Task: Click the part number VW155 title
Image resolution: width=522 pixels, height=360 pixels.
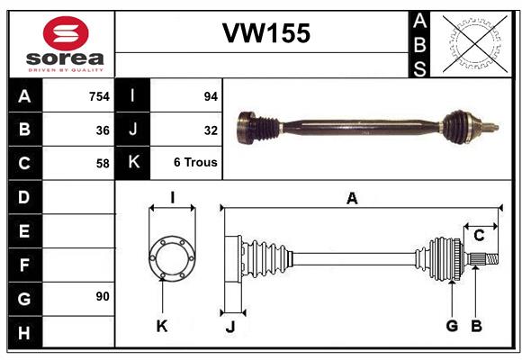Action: [x=266, y=34]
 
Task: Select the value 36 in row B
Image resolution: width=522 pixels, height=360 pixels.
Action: [x=103, y=130]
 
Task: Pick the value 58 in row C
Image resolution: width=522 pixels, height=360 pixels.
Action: [x=103, y=164]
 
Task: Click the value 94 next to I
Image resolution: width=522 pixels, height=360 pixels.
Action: [x=211, y=95]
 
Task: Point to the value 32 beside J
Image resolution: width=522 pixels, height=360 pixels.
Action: [x=211, y=130]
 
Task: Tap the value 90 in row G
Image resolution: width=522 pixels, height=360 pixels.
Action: [x=103, y=297]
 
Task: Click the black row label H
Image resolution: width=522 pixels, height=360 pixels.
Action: [x=23, y=332]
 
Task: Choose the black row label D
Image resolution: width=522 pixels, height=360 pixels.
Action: [x=23, y=196]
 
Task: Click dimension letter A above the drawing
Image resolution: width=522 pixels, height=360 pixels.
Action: [x=352, y=199]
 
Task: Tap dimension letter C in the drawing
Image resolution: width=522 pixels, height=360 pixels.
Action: [x=479, y=236]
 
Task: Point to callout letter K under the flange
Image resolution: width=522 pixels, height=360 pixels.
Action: [x=162, y=326]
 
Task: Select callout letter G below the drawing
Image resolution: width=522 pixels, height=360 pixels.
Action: [x=452, y=326]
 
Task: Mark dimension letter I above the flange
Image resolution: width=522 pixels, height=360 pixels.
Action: [x=171, y=196]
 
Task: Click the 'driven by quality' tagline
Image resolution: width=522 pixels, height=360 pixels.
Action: [x=66, y=68]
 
